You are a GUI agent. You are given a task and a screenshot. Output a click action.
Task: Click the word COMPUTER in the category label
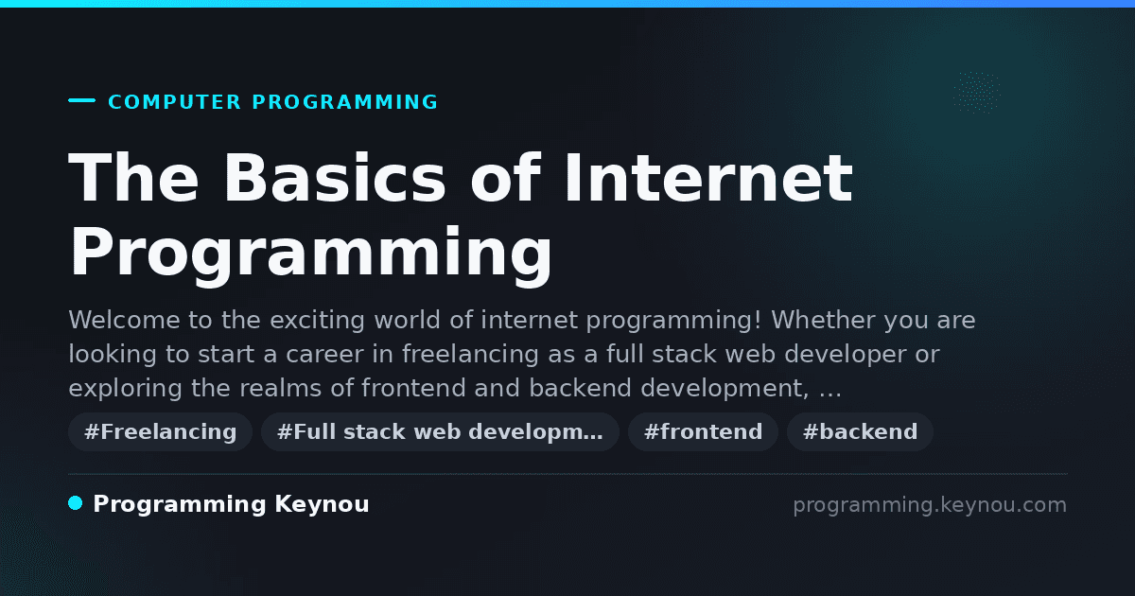(174, 102)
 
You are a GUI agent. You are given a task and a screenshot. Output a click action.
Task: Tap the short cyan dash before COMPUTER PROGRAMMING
(81, 100)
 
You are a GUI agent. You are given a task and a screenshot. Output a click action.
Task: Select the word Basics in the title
(335, 178)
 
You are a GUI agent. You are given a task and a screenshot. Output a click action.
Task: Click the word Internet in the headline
(708, 178)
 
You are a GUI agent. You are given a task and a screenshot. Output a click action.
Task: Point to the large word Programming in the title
(310, 254)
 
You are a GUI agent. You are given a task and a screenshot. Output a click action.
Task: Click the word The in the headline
(133, 178)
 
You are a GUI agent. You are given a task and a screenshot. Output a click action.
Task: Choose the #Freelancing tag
(160, 431)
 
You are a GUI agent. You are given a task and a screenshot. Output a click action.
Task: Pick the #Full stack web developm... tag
(440, 431)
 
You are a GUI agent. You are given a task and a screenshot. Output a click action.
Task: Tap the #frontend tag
(703, 431)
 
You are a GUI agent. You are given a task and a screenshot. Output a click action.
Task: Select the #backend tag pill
(860, 431)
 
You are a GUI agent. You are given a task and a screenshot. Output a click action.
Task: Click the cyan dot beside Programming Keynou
(76, 503)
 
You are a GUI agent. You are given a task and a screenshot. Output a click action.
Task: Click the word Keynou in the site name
(322, 505)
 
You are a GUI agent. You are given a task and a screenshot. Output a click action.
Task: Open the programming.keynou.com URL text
(930, 505)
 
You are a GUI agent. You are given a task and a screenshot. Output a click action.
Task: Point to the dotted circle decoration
(977, 93)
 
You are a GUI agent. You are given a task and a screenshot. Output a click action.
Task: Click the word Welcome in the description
(124, 321)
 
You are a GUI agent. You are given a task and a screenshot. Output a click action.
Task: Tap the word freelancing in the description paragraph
(470, 354)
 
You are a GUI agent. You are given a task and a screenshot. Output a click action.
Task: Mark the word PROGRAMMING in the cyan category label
(344, 102)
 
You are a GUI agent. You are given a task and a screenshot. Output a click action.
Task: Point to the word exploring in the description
(125, 389)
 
